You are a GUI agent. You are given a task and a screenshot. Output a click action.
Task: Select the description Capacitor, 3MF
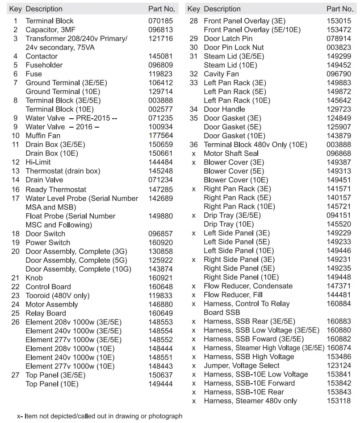coord(48,30)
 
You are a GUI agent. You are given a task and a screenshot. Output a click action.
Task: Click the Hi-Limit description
coord(38,162)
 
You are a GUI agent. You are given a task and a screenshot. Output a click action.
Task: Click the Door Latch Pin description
coord(228,39)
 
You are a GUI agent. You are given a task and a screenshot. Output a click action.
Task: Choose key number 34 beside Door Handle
coord(193,109)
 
